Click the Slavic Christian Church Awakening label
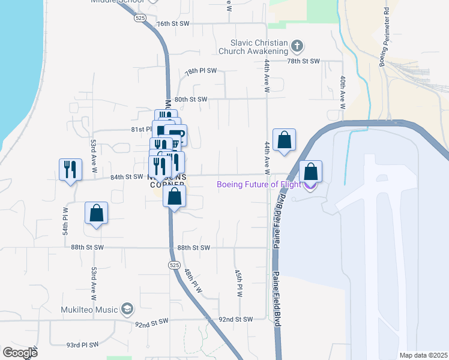[x=259, y=47]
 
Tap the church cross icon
[x=297, y=46]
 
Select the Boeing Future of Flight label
[x=259, y=184]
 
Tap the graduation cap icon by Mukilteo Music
[x=127, y=309]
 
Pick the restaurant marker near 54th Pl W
[x=71, y=170]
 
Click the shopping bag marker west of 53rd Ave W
[x=96, y=213]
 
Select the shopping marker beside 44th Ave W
[x=285, y=140]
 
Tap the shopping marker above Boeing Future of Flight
[x=310, y=172]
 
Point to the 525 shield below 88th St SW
[x=174, y=265]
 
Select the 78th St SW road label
[x=304, y=61]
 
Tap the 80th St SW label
[x=190, y=99]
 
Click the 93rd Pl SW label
[x=82, y=345]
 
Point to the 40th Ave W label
[x=342, y=92]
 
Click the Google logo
[x=20, y=353]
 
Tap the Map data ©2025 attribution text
[x=423, y=355]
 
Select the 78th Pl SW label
[x=200, y=71]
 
